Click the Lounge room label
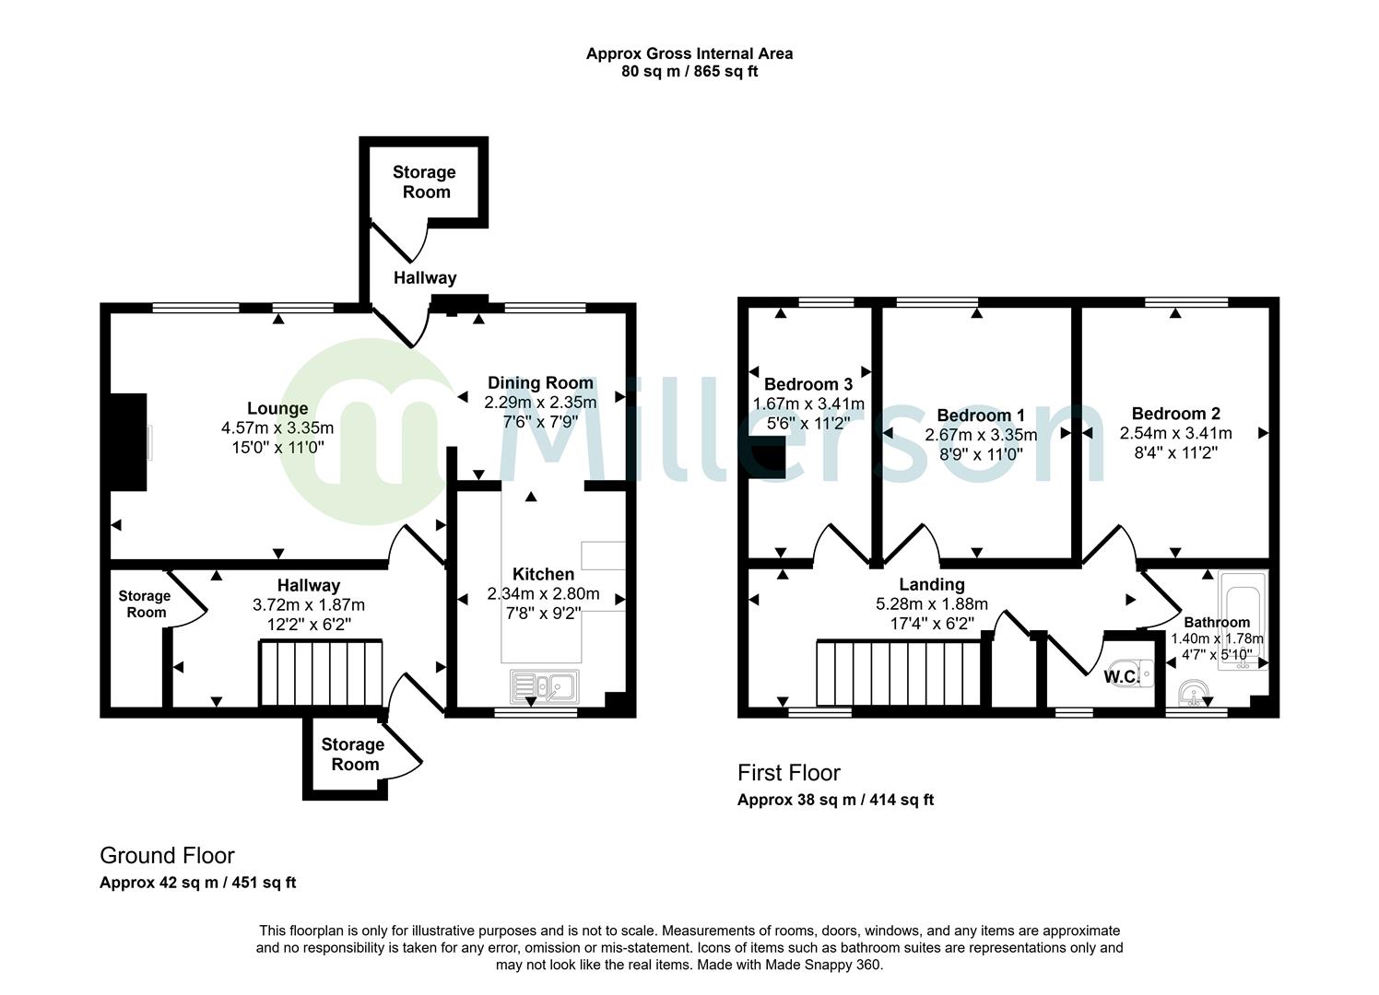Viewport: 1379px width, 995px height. pyautogui.click(x=277, y=408)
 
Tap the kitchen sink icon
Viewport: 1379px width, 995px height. pyautogui.click(x=544, y=686)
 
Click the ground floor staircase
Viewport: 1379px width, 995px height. pyautogui.click(x=321, y=674)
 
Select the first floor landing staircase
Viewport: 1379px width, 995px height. pyautogui.click(x=898, y=674)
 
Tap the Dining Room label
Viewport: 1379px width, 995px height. pyautogui.click(x=540, y=383)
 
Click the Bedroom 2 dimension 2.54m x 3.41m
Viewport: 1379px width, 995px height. pyautogui.click(x=1175, y=433)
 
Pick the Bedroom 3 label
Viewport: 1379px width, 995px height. pyautogui.click(x=808, y=384)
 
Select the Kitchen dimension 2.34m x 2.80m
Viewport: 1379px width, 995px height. pyautogui.click(x=543, y=594)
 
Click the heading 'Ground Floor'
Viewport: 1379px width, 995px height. pyautogui.click(x=167, y=856)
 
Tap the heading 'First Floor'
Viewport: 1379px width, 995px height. pyautogui.click(x=789, y=773)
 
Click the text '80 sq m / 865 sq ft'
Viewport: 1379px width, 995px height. pyautogui.click(x=689, y=72)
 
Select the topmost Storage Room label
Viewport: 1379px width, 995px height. pyautogui.click(x=424, y=182)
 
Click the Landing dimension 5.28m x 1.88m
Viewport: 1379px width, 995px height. pyautogui.click(x=932, y=604)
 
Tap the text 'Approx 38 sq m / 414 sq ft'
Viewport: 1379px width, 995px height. pyautogui.click(x=835, y=800)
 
